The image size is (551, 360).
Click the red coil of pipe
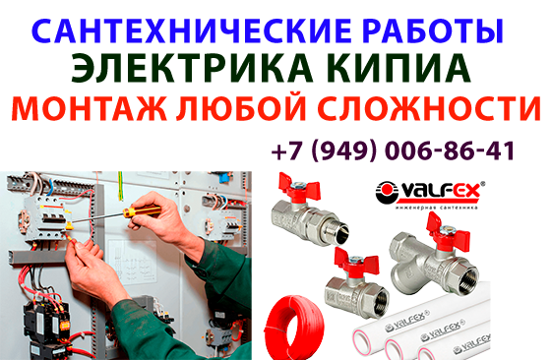pyautogui.click(x=293, y=324)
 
